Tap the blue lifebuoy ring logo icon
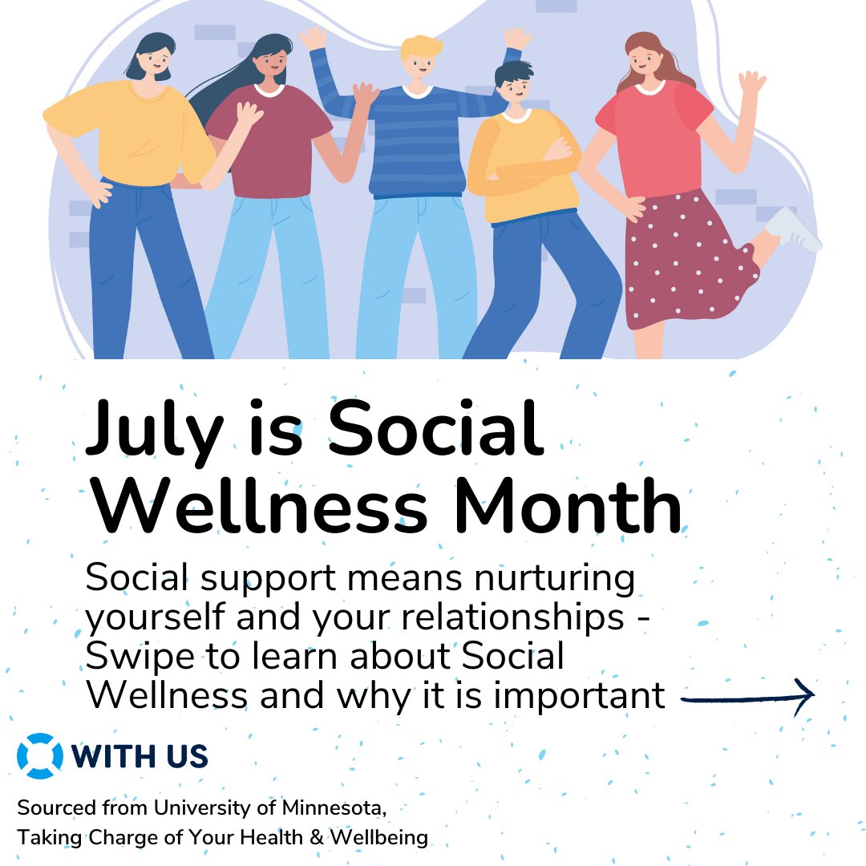[x=39, y=756]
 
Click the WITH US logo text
[x=140, y=756]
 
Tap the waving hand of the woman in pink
[x=751, y=84]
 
